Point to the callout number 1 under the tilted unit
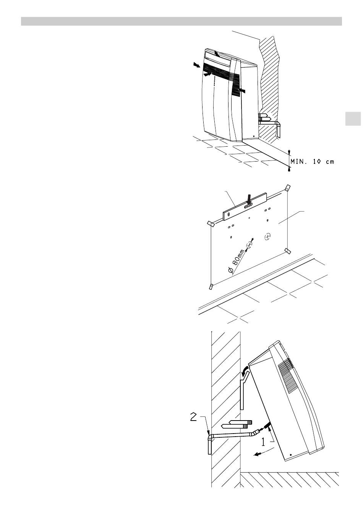[263, 442]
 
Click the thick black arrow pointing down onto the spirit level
[250, 198]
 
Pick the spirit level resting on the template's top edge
[245, 207]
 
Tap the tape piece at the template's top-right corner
[287, 188]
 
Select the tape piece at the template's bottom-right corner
[287, 251]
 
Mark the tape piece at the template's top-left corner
[210, 223]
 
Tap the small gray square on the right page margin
[353, 119]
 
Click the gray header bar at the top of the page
[181, 21]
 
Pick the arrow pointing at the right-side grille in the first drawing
[242, 91]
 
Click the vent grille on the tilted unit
[286, 375]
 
